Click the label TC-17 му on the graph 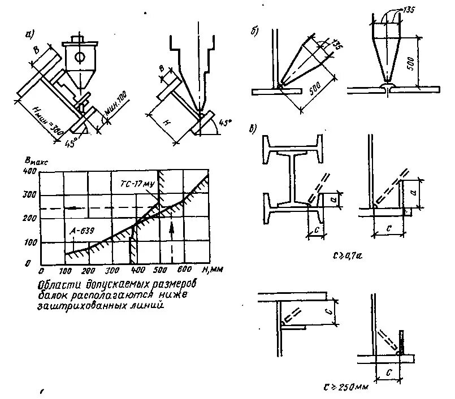tap(137, 184)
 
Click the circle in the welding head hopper tap(81, 57)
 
